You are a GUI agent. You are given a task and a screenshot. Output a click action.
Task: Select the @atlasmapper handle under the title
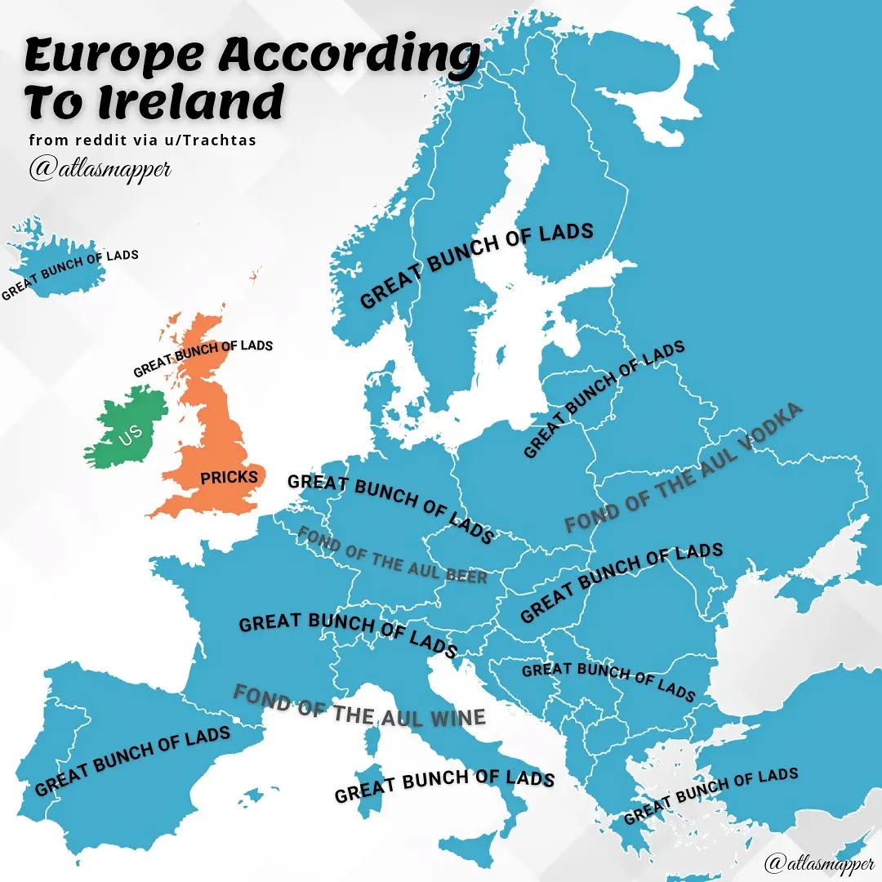click(100, 169)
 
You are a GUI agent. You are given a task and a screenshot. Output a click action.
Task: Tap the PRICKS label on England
click(229, 477)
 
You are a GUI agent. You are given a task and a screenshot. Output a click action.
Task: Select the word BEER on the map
click(465, 575)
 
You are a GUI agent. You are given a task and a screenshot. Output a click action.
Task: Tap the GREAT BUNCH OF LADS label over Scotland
click(203, 357)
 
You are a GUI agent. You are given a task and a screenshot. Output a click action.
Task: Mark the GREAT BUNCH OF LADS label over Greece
click(710, 795)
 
